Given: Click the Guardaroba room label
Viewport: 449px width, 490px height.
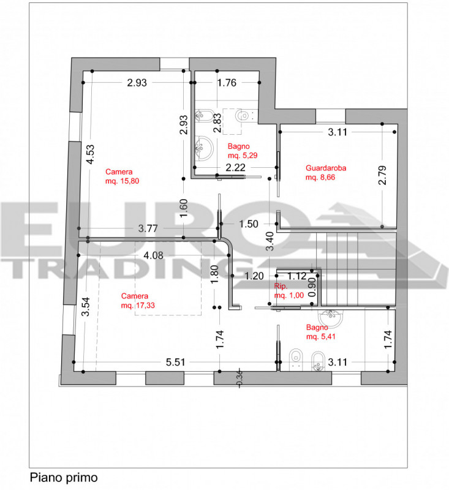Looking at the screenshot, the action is click(326, 168).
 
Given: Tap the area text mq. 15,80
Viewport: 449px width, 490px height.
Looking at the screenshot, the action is click(122, 181).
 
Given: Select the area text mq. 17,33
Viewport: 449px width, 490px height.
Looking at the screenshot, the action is click(138, 305).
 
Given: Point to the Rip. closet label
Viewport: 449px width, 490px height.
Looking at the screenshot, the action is click(281, 286).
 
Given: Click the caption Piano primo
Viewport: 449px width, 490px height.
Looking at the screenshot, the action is click(64, 478).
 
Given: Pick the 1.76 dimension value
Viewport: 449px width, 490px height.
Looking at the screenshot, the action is click(227, 83).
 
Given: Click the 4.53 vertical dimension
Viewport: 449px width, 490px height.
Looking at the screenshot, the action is click(90, 154).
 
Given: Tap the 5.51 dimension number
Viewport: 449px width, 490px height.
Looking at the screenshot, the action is click(176, 362).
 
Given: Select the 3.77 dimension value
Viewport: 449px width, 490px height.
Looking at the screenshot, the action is click(148, 228).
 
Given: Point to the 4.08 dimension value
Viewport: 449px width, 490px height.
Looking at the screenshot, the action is click(153, 255).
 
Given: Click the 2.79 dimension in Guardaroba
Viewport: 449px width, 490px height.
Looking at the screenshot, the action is click(382, 175).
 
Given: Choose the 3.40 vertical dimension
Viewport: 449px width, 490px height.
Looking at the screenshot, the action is click(270, 241).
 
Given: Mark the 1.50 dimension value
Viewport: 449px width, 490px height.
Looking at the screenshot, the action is click(249, 224).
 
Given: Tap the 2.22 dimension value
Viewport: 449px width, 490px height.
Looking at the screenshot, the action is click(236, 168).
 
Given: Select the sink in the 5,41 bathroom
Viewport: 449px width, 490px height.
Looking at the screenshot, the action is click(330, 318).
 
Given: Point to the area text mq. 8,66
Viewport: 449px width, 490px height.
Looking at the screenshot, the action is click(320, 178).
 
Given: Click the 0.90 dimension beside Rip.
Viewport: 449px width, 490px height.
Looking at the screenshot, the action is click(312, 287).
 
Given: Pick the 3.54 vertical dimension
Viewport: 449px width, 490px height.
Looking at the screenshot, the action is click(86, 307).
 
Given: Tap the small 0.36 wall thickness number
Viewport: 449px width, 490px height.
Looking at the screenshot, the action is click(240, 378).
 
